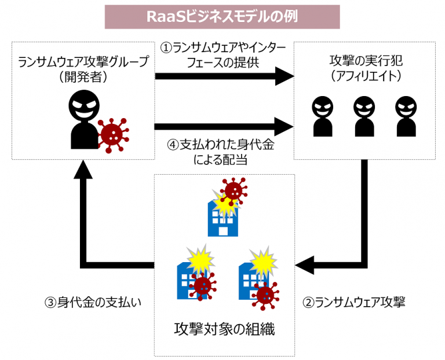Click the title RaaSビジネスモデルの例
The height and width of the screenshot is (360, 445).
point(222,16)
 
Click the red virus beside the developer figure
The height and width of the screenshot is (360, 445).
point(112,134)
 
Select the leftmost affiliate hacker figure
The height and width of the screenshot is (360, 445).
point(323,116)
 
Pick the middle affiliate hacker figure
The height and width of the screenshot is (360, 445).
point(364,116)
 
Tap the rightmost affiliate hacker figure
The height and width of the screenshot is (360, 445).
point(406,116)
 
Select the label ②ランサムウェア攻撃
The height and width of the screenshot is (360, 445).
point(355,302)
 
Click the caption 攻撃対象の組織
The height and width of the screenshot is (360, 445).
point(224,330)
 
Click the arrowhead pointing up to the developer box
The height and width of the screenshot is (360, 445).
point(85,168)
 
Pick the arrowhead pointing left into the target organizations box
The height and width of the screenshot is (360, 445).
point(305,266)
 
